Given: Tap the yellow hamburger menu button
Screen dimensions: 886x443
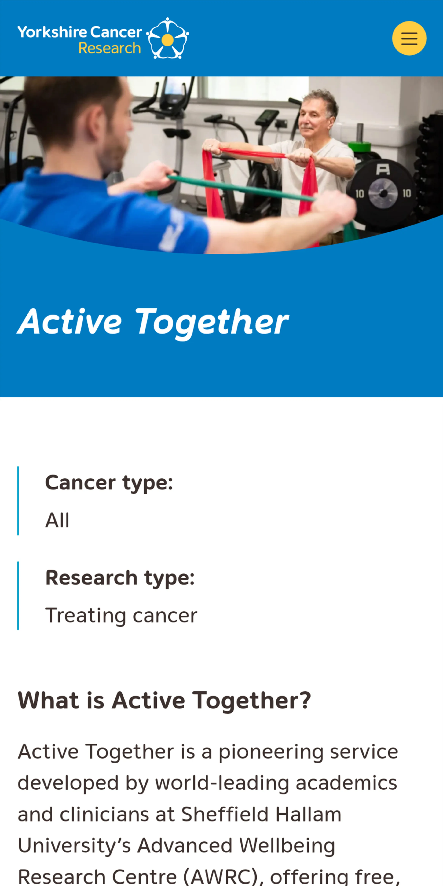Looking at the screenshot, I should pyautogui.click(x=409, y=38).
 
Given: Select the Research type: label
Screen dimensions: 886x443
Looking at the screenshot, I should pyautogui.click(x=120, y=577).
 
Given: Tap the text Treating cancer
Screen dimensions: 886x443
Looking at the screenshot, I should pyautogui.click(x=121, y=615).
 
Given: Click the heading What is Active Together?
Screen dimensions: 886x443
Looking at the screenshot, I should pyautogui.click(x=164, y=700).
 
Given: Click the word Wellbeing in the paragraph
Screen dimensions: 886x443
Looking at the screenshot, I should pyautogui.click(x=287, y=845).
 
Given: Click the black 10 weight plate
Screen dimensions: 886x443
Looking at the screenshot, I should pyautogui.click(x=383, y=193).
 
